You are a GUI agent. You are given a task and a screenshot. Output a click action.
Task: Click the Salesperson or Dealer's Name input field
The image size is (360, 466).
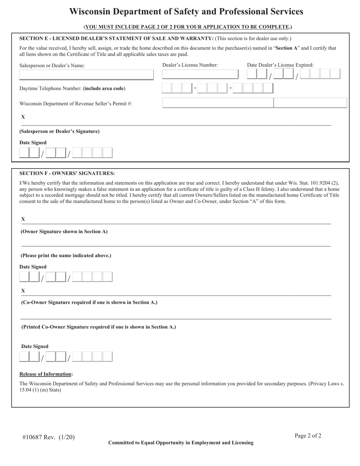tap(86, 75)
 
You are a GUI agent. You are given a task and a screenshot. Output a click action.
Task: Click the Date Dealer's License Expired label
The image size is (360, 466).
tap(280, 65)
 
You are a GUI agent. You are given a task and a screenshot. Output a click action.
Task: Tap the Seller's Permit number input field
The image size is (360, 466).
tap(255, 103)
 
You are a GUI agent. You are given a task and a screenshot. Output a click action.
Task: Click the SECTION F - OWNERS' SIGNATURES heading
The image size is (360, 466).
tap(67, 174)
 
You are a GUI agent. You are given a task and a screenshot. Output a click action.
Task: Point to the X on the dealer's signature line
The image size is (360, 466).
tap(23, 117)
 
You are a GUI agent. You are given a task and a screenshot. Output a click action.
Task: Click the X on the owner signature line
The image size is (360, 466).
tap(23, 219)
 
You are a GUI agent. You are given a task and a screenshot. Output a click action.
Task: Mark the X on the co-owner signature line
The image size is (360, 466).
tap(23, 291)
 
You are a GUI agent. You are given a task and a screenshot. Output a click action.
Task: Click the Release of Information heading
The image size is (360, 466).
tap(46, 374)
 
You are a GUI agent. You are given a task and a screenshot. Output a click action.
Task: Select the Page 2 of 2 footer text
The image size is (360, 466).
tap(308, 436)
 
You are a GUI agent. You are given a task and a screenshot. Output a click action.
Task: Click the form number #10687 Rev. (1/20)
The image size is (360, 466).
tap(49, 437)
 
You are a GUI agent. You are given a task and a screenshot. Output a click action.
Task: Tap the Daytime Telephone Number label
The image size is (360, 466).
tap(72, 89)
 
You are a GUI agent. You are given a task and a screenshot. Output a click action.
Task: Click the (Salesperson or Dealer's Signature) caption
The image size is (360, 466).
tap(59, 131)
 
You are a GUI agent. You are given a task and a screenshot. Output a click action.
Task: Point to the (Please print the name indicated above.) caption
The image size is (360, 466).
tap(66, 256)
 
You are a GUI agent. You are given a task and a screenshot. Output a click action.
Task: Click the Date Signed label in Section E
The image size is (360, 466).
tap(33, 143)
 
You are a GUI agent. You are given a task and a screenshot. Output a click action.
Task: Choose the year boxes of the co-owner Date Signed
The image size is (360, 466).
tap(92, 357)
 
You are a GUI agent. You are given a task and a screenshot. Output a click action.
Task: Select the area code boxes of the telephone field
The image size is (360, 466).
tap(177, 88)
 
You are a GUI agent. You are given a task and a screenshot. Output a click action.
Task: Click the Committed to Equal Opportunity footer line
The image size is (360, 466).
tap(181, 443)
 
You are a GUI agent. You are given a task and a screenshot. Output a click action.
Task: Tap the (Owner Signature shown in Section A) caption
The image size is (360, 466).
tap(64, 231)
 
